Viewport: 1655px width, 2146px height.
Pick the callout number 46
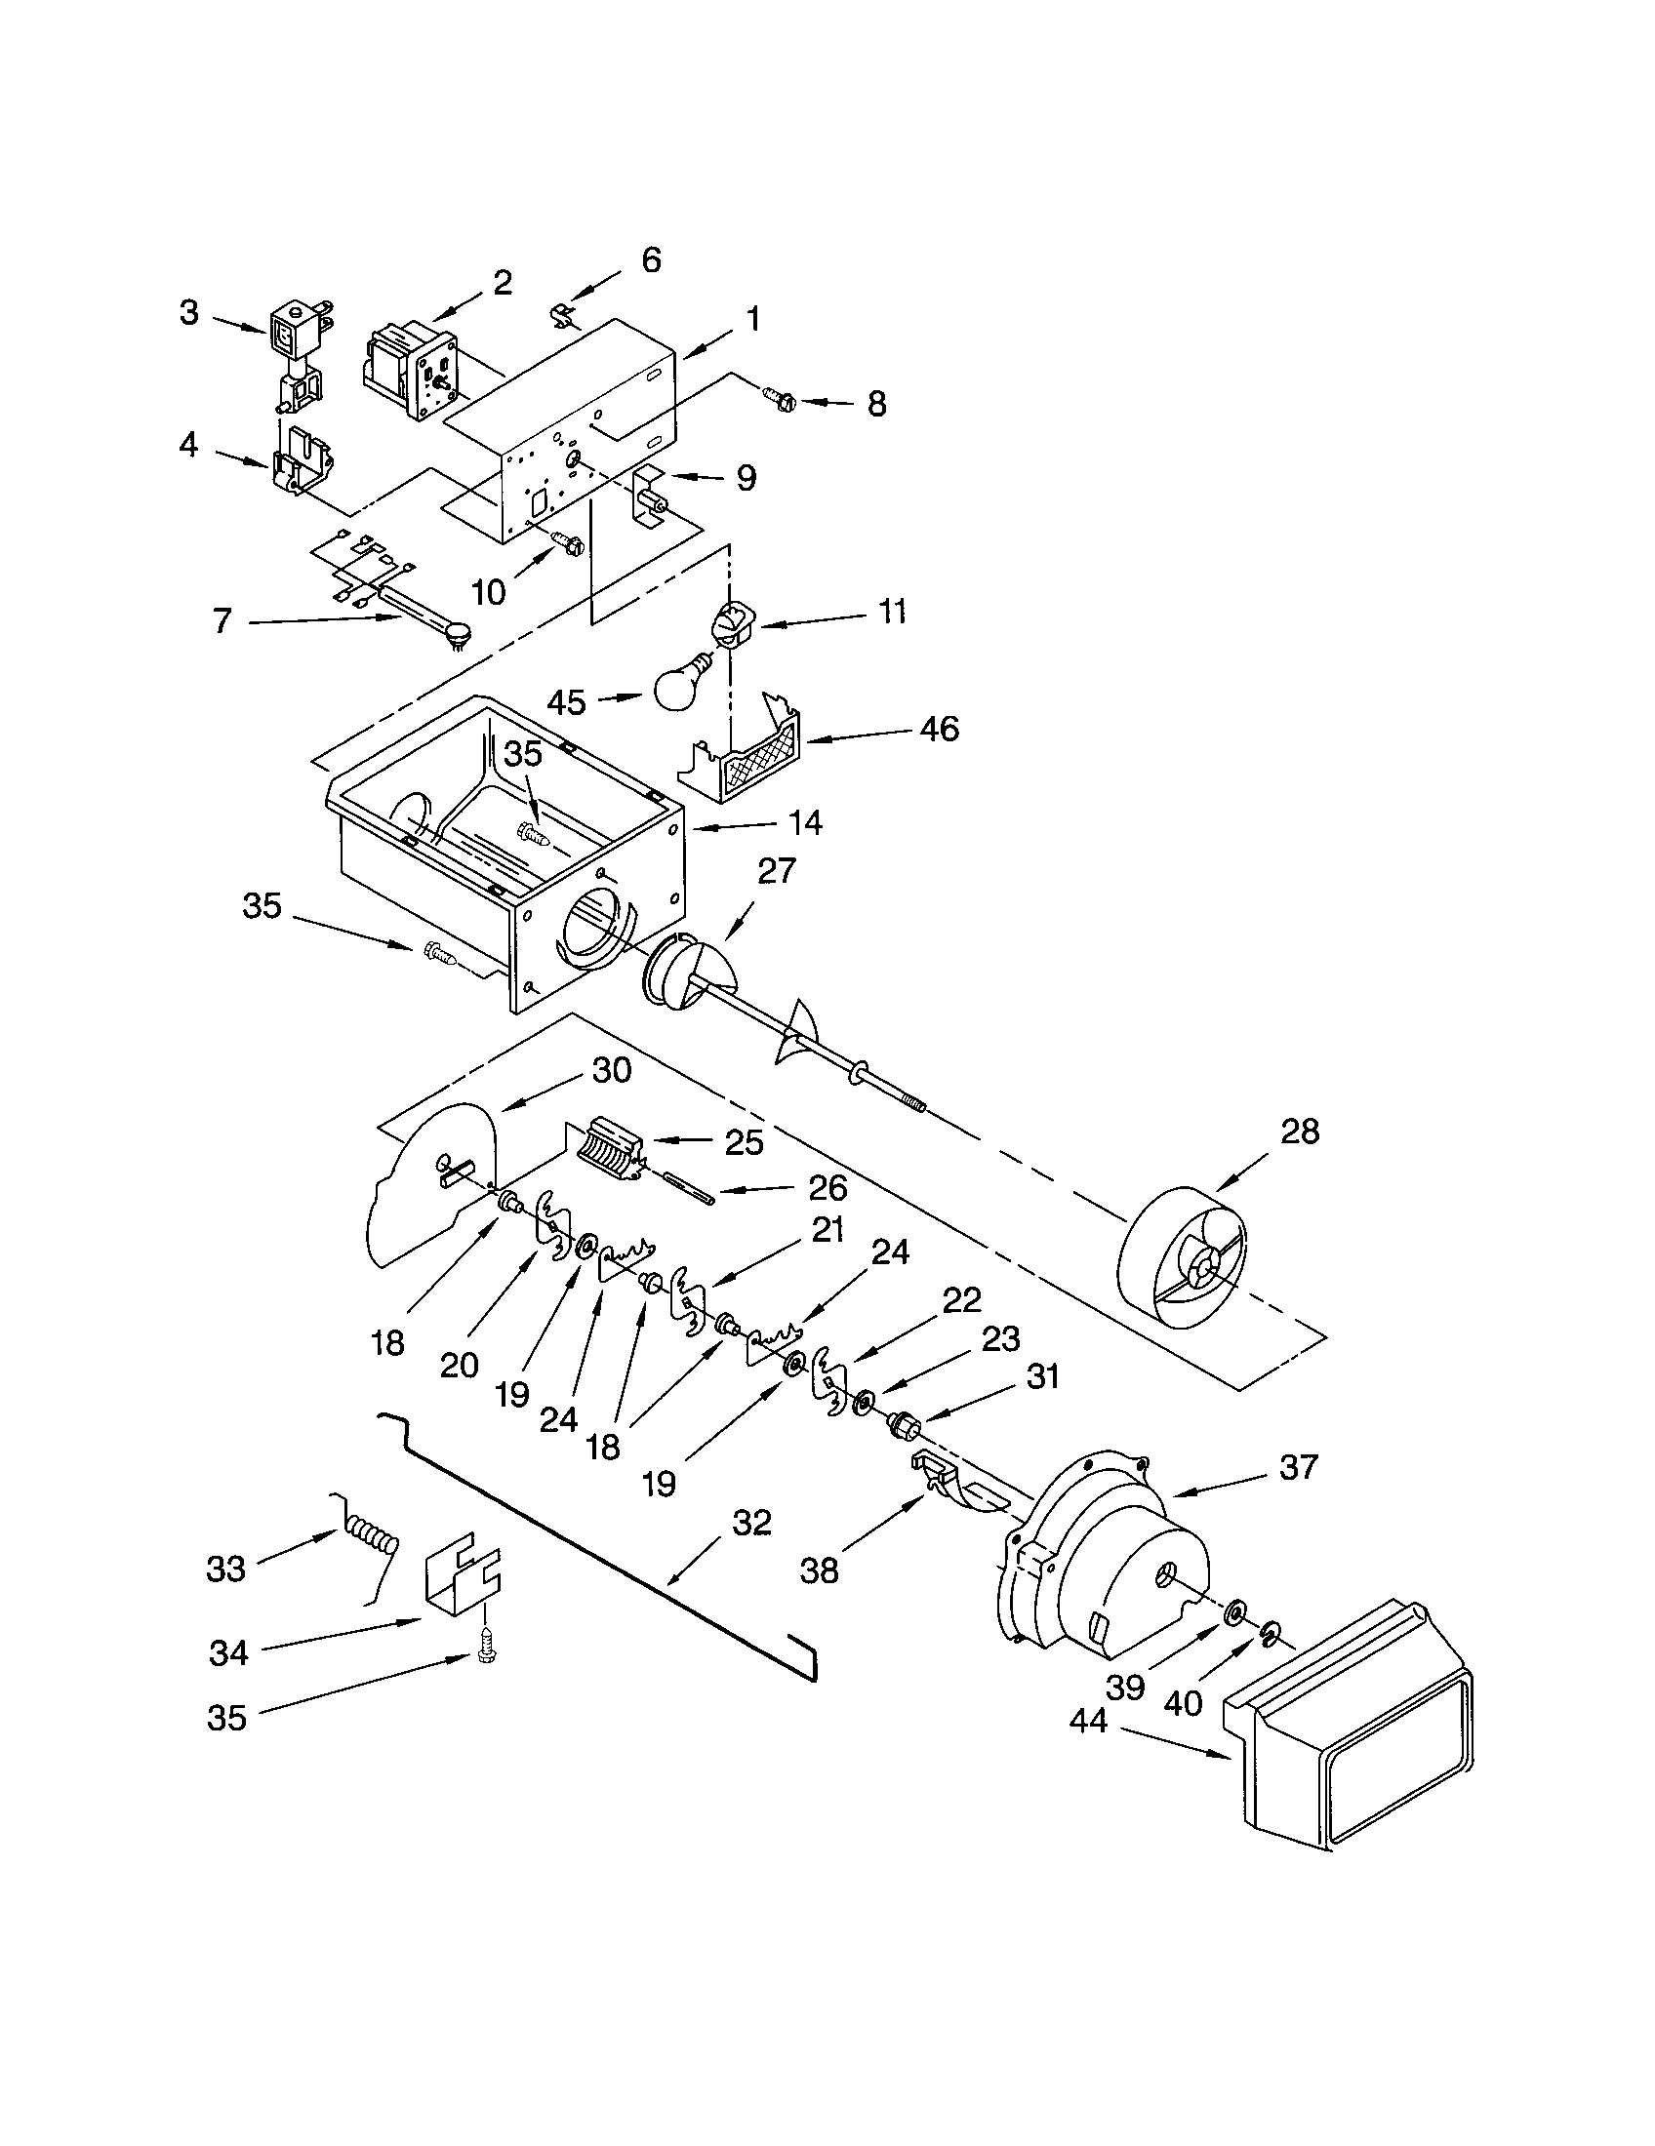(939, 729)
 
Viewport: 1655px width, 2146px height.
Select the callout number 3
(188, 313)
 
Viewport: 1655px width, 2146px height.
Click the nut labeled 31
(901, 1422)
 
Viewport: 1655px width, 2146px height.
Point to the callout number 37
(1297, 1467)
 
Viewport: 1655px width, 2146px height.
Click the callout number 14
(805, 822)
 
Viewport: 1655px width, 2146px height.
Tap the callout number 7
(222, 620)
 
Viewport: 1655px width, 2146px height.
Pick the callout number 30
(611, 1070)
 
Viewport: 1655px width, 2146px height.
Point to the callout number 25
(744, 1142)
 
